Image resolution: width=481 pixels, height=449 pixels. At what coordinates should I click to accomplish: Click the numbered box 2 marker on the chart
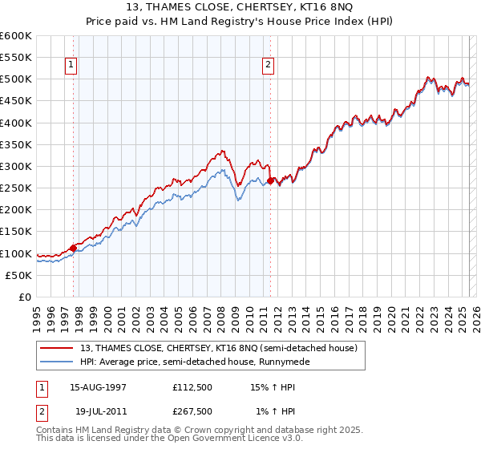[x=268, y=66]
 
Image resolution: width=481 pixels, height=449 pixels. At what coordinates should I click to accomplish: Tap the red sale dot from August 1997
[x=73, y=248]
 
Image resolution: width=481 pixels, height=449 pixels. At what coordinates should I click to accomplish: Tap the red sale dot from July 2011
[x=271, y=180]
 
